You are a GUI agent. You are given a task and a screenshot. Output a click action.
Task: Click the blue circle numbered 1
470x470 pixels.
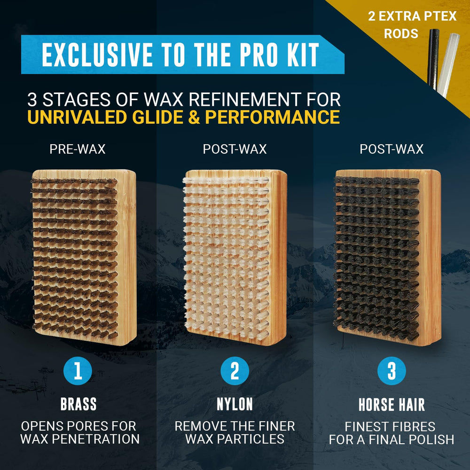78,371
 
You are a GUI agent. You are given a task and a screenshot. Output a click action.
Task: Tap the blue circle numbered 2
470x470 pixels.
235,371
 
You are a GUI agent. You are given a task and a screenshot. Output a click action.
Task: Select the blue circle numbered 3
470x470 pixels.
392,371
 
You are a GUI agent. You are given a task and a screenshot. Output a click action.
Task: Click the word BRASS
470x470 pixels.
78,404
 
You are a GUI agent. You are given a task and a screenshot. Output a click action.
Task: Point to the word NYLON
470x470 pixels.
235,404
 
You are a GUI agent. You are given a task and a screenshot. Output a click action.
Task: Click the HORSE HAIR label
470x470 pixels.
392,405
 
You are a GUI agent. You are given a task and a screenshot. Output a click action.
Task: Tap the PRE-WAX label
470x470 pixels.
78,149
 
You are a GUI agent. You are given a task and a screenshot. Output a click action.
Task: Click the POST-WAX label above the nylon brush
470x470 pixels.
235,149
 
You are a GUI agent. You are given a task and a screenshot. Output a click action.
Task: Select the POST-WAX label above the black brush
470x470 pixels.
392,149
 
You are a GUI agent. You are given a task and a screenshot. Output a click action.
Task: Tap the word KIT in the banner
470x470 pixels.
303,55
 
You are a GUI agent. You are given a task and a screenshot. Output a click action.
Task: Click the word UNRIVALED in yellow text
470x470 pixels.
77,117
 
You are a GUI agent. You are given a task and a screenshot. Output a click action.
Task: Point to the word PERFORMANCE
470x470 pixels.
272,117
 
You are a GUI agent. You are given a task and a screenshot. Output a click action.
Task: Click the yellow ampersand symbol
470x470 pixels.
194,117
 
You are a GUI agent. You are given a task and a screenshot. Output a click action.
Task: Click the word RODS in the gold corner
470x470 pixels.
401,33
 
